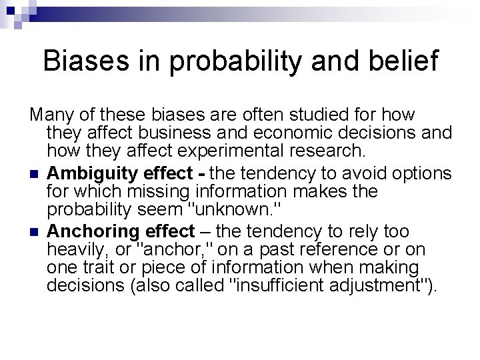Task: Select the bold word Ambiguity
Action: [92, 173]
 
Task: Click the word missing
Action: [147, 191]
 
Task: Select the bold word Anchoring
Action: [93, 231]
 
